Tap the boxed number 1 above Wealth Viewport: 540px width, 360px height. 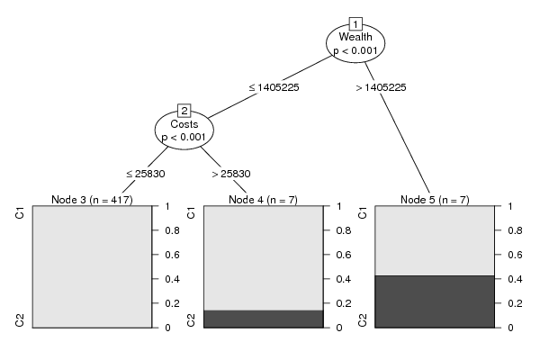(355, 24)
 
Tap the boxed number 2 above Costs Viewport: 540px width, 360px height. (184, 111)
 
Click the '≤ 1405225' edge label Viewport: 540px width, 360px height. (274, 87)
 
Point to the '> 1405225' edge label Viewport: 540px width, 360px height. (382, 87)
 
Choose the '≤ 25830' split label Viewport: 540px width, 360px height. (146, 174)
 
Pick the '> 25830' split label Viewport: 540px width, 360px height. (231, 174)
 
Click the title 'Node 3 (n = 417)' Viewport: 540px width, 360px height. (92, 200)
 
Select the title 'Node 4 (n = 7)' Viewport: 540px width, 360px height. (263, 200)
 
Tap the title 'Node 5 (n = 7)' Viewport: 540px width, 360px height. (435, 200)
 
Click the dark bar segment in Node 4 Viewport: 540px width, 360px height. (264, 319)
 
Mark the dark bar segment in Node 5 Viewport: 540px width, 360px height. (435, 301)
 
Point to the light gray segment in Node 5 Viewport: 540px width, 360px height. (435, 240)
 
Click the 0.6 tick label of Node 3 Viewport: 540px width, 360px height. (172, 255)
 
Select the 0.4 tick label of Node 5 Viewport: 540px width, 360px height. (515, 279)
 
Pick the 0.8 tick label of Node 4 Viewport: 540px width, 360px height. (344, 230)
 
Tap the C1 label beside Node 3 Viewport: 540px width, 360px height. (20, 213)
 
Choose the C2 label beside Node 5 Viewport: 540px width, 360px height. (363, 320)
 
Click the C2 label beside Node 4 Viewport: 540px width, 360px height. (191, 320)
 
